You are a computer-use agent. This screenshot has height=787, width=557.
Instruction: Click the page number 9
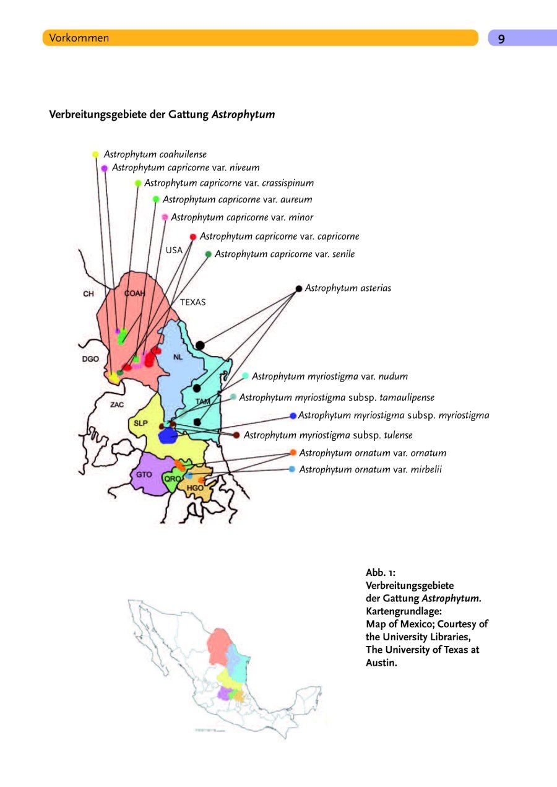click(501, 38)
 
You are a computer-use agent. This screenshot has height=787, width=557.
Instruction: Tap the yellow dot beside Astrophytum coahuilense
click(95, 154)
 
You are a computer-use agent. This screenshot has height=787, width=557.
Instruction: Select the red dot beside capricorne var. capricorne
click(193, 237)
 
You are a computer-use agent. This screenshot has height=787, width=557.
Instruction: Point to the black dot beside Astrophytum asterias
click(299, 289)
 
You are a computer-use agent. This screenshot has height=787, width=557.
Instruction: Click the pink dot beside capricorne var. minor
click(165, 217)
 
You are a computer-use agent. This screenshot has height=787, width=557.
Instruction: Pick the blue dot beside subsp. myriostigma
click(293, 415)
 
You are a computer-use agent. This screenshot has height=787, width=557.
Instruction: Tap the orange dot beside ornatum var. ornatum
click(293, 453)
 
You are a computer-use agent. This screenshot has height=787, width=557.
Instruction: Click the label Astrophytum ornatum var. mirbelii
click(370, 470)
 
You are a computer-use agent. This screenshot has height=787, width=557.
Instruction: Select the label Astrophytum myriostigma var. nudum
click(329, 376)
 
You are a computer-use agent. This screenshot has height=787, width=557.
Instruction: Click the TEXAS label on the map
click(193, 303)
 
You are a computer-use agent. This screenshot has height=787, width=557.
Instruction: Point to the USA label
click(174, 251)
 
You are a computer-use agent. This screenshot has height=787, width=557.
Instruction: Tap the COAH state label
click(134, 293)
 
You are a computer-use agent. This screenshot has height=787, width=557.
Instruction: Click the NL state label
click(178, 357)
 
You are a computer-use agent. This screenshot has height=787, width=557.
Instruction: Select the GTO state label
click(144, 474)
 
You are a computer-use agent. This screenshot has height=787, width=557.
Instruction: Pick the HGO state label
click(195, 488)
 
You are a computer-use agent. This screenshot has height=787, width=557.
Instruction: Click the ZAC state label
click(117, 405)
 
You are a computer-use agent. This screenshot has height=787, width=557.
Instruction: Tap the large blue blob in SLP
click(168, 436)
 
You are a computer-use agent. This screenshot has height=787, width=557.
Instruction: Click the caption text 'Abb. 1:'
click(381, 573)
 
